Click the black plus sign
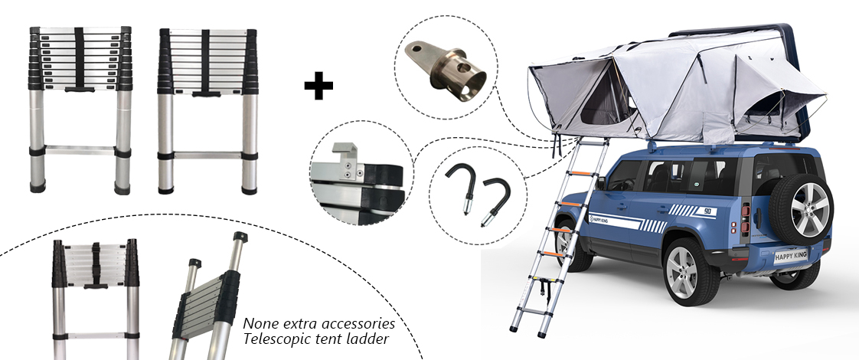click(x=318, y=87)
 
